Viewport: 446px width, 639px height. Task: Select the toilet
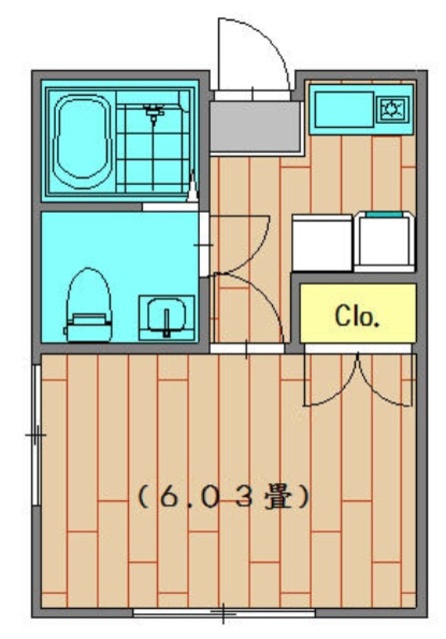coord(88,305)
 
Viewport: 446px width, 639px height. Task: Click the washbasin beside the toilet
coord(166,318)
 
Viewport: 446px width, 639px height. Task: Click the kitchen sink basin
coord(344,109)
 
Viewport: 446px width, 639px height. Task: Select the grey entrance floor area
coord(255,127)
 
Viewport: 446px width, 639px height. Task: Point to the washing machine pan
coord(384,242)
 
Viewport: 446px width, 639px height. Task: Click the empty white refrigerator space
coord(322,243)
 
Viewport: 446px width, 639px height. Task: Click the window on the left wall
coord(37,435)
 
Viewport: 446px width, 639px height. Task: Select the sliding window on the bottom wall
coord(224,612)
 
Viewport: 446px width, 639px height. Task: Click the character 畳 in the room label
coord(278,496)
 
